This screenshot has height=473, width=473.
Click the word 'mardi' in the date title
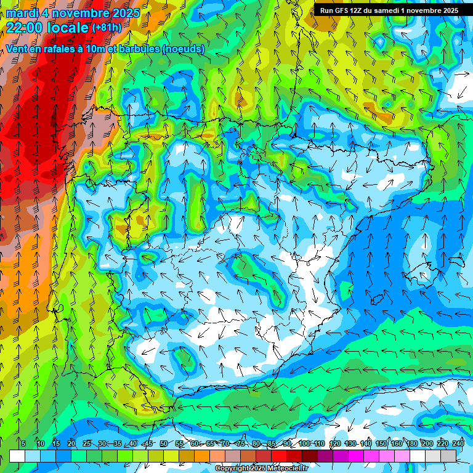click(23, 12)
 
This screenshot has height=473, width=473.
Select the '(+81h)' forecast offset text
click(107, 28)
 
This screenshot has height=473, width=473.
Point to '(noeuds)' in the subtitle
click(183, 49)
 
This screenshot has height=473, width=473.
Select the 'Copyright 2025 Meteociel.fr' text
click(261, 469)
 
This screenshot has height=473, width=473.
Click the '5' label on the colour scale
click(23, 444)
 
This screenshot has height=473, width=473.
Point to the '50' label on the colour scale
click(163, 444)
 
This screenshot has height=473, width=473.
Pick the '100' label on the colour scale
click(304, 444)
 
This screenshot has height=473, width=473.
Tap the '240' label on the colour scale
click(458, 444)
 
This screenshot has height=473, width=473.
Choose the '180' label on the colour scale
click(412, 444)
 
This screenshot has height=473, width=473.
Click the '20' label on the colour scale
click(71, 444)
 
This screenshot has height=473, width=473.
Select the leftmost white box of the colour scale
click(17, 456)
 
